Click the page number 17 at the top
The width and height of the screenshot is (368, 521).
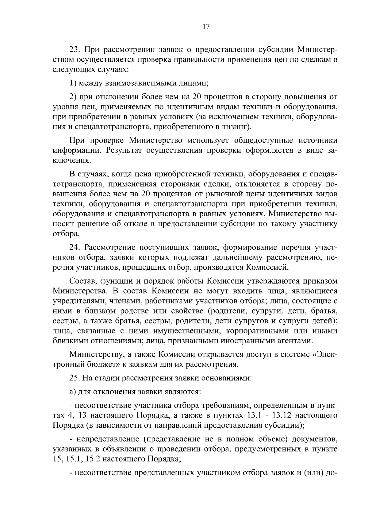pos(206,27)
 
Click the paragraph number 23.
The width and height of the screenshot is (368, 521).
pos(75,50)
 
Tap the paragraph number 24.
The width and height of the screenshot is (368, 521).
pos(75,247)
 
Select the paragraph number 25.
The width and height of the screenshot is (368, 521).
pos(75,378)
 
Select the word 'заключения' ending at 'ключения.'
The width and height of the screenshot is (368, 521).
pos(72,160)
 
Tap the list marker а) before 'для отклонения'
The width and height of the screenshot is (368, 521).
pos(73,392)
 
